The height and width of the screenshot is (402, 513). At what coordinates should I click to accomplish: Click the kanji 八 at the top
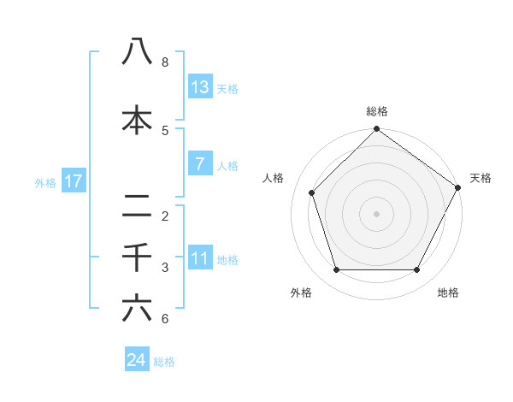137,53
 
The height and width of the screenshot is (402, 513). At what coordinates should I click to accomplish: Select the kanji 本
137,121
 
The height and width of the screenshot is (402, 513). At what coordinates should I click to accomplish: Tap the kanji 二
137,206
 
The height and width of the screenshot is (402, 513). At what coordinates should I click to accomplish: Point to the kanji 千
137,257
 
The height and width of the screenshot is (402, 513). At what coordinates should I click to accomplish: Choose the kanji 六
137,309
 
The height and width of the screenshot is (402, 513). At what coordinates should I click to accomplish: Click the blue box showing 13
200,87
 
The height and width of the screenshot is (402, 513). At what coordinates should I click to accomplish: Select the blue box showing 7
200,164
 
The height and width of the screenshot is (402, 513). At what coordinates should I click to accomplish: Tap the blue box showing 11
200,258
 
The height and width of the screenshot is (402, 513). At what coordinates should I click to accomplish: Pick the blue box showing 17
73,181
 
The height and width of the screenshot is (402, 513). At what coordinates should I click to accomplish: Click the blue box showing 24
137,360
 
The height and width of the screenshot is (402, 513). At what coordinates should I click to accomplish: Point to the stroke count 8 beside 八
165,62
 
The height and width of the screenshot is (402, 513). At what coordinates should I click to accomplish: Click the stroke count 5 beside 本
165,131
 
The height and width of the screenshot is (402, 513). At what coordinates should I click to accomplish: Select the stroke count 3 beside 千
165,268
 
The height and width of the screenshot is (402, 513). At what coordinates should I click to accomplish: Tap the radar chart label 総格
377,111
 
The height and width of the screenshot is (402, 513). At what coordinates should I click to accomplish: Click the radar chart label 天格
481,178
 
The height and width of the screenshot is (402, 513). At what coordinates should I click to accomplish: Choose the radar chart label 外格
301,293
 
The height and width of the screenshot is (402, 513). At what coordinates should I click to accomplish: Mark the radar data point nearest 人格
312,192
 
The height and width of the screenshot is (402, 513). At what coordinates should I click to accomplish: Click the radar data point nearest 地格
417,270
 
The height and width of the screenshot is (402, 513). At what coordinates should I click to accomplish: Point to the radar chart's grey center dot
377,213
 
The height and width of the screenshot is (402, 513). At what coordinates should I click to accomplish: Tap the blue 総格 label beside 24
164,362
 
